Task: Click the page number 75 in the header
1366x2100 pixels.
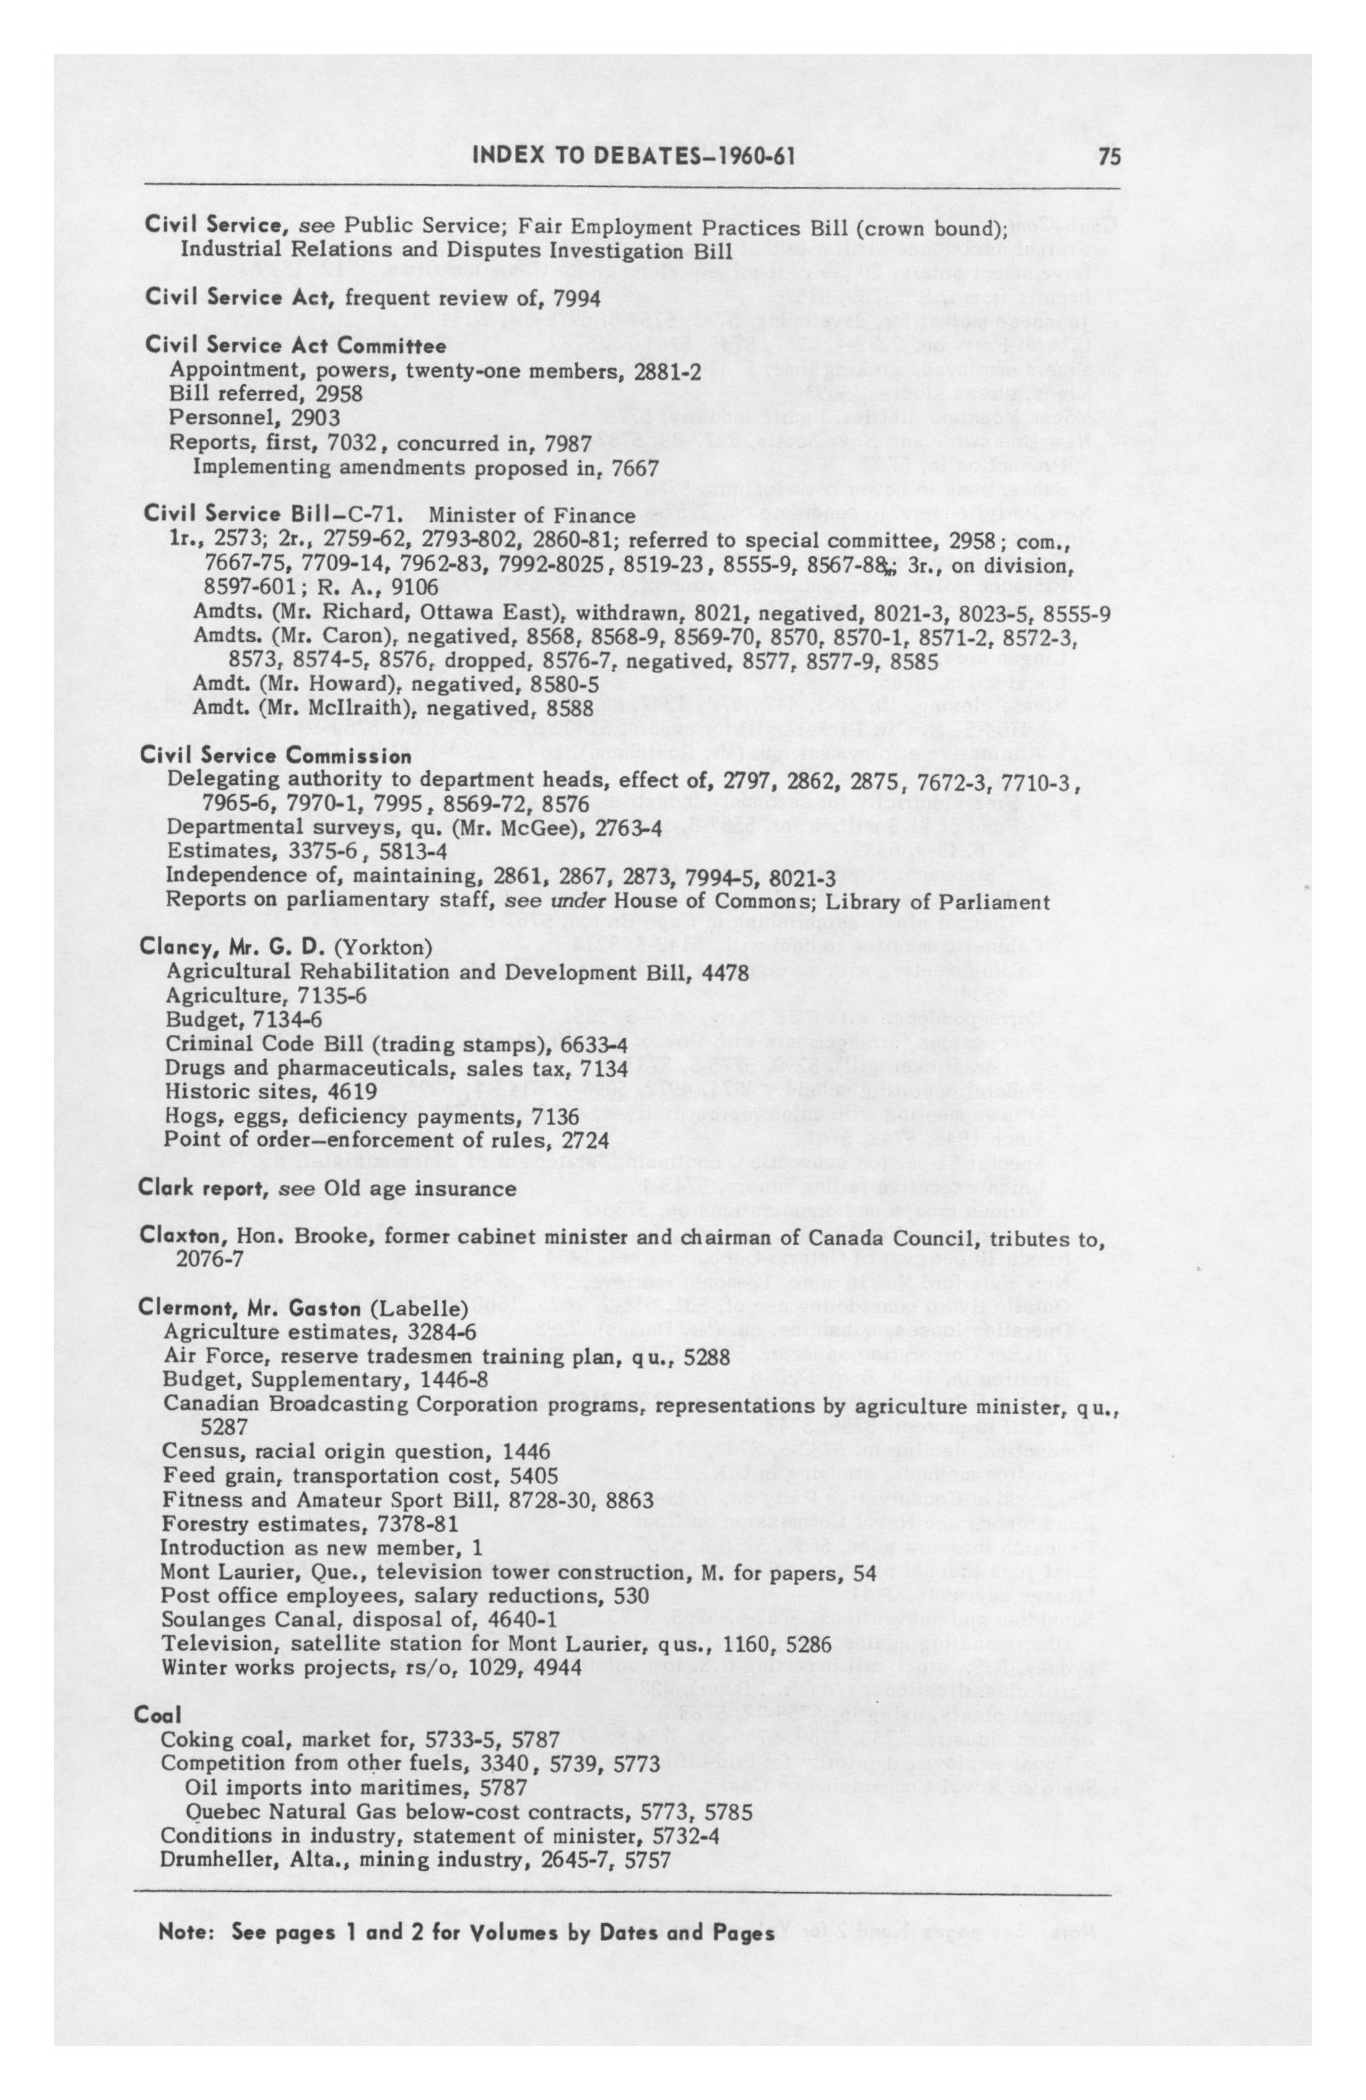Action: (1109, 158)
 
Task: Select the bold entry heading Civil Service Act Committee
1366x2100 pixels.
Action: (295, 345)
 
